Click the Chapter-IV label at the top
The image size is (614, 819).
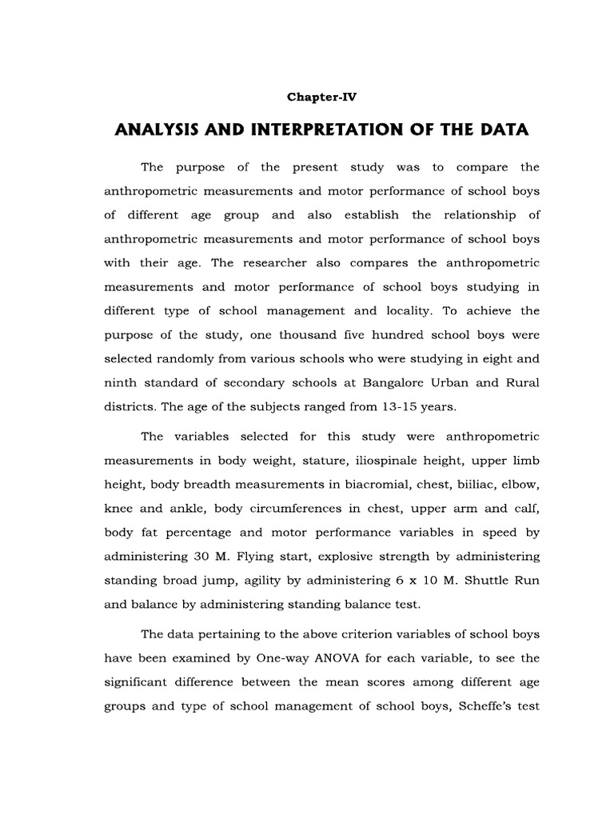click(321, 97)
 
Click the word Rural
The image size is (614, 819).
click(520, 382)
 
